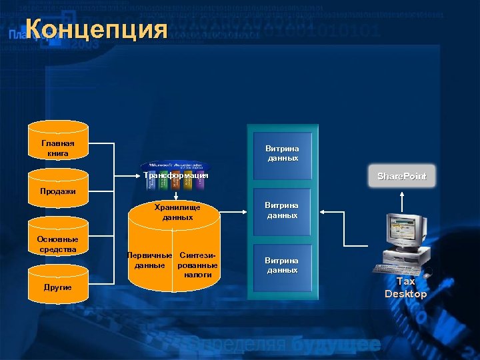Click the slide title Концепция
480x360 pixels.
(97, 30)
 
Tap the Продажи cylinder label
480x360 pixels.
(58, 191)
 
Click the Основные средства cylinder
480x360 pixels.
(58, 244)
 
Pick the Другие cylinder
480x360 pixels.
(58, 287)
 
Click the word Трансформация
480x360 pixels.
(176, 175)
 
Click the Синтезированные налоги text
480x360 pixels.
(197, 265)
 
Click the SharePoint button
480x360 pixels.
(401, 176)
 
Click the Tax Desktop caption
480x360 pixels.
(405, 287)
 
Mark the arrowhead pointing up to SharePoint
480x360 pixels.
(401, 195)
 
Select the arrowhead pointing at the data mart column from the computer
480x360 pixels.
(323, 211)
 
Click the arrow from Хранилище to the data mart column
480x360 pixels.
(233, 214)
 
